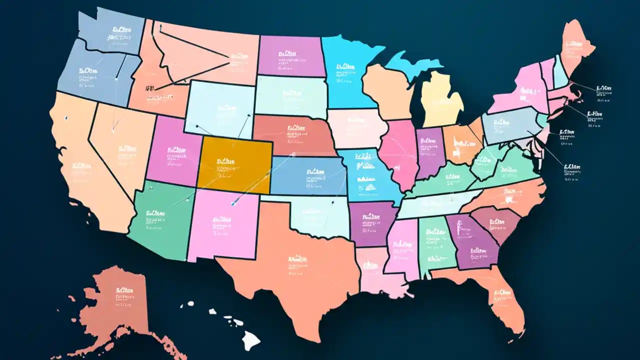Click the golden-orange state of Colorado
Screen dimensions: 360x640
(235, 165)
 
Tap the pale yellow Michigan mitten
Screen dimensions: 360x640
(440, 100)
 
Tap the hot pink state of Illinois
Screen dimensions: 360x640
(400, 155)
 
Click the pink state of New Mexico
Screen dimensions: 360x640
(222, 225)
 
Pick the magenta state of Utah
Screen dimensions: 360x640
(172, 150)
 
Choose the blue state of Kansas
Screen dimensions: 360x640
(307, 175)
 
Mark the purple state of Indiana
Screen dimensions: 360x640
(430, 152)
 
